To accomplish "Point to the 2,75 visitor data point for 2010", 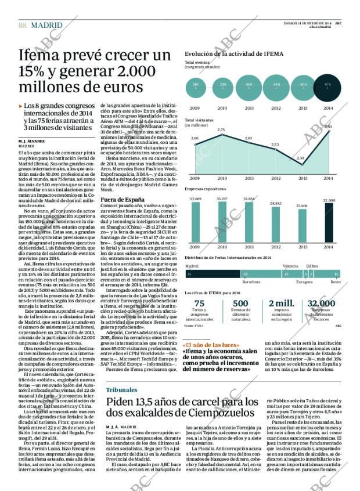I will pos(221,135).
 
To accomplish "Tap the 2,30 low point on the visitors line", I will pos(301,164).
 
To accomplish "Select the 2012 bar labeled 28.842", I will pos(275,226).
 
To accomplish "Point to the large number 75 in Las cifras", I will pos(199,304).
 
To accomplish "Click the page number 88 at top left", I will pos(23,25).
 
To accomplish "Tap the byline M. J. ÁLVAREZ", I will pos(33,141).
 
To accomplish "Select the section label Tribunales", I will pos(122,389).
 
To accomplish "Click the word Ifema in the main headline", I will pos(37,57).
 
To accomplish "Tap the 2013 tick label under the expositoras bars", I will pos(302,247).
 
